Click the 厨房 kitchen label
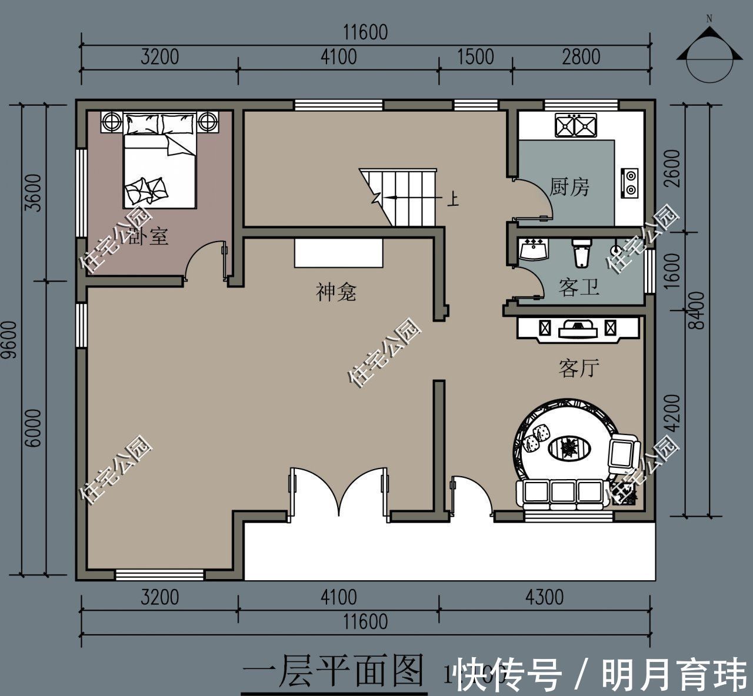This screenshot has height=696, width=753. [x=569, y=188]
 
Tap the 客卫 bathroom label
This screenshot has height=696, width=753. [x=579, y=287]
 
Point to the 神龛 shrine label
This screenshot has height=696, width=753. [x=336, y=292]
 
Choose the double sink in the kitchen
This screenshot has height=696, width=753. [x=575, y=125]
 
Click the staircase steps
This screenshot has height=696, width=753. [x=406, y=197]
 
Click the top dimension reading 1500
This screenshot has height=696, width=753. [x=475, y=57]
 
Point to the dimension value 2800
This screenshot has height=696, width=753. [x=581, y=57]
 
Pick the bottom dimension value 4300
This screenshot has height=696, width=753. [x=544, y=597]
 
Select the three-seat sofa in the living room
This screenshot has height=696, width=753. [x=561, y=493]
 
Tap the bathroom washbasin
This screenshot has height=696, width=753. [x=534, y=250]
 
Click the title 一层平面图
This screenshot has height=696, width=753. [x=334, y=671]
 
